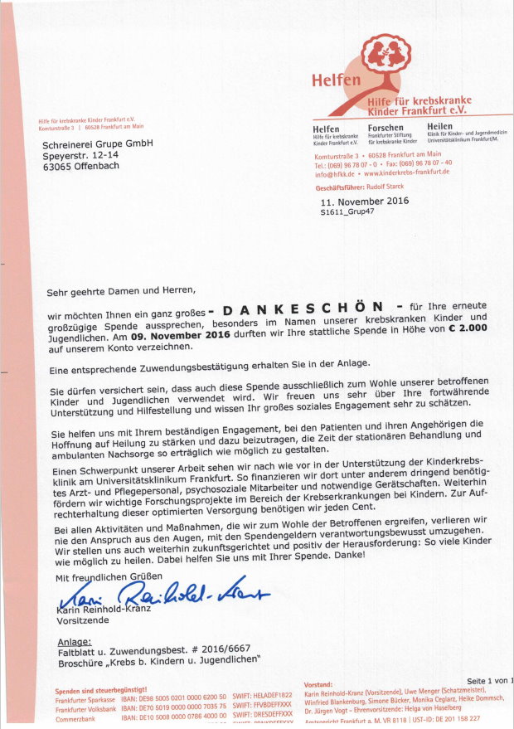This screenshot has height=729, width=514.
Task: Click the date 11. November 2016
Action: point(364,201)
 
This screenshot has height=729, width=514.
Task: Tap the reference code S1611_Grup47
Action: point(348,212)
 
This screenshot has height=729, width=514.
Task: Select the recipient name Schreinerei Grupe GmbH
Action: point(97,143)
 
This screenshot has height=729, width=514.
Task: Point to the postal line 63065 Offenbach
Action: point(80,165)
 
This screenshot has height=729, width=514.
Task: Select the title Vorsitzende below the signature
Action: point(82,620)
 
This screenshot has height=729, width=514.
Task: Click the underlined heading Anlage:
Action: point(74,642)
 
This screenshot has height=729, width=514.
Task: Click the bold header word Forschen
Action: point(385,128)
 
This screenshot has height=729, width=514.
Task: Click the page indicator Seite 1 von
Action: point(488,680)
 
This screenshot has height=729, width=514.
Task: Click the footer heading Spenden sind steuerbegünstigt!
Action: point(100,690)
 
